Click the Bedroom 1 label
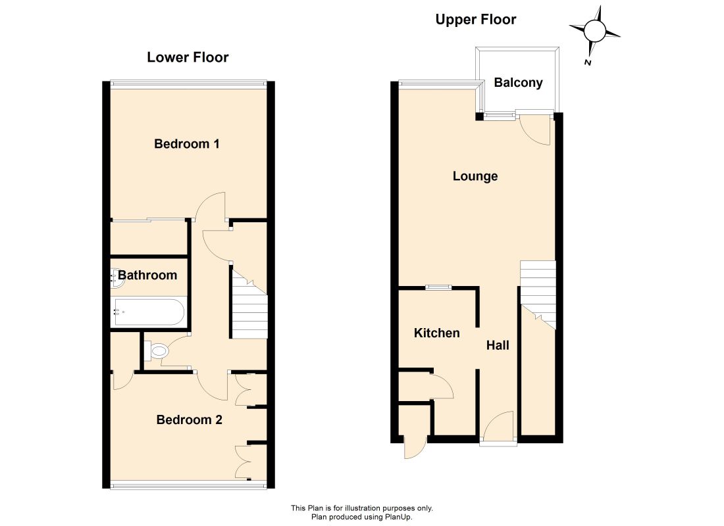coord(186,143)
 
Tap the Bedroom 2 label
coord(189,419)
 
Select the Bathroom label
coord(147,275)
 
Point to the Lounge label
coord(475,176)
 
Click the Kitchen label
coord(436,333)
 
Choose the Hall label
coord(498,345)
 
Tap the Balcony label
coord(519,82)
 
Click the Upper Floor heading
coord(476,20)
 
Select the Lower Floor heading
coord(188,57)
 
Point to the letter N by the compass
coord(586,63)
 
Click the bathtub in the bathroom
coord(149,312)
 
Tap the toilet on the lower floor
coord(158,352)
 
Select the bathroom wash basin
coord(116,277)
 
